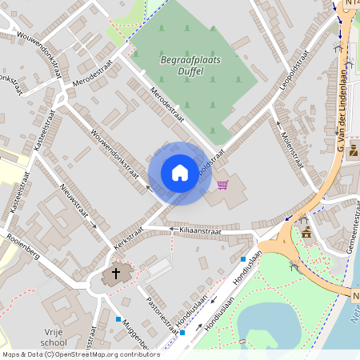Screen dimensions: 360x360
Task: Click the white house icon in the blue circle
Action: pos(180,173)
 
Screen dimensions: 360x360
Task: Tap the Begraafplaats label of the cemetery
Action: pos(179,59)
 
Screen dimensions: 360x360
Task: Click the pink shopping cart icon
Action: pos(222,185)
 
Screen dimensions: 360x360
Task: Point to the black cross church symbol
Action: pos(115,274)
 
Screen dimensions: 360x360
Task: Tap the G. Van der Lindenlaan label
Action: pos(342,116)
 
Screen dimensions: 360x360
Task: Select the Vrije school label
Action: pos(54,336)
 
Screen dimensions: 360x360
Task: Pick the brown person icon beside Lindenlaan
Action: pos(353,149)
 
